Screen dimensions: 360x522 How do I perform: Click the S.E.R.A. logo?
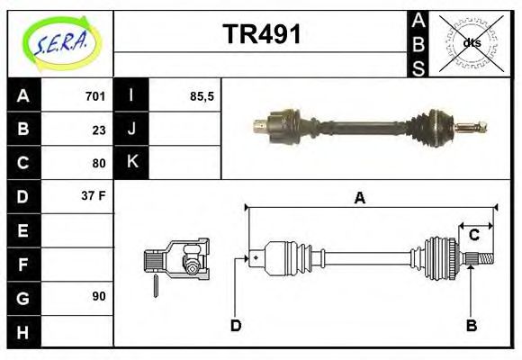point(59,40)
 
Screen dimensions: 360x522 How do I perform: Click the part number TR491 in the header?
point(262,35)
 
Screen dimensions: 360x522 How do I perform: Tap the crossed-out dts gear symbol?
point(470,43)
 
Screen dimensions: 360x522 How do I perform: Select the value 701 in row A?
point(95,96)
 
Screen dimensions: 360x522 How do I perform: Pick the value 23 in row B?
point(99,130)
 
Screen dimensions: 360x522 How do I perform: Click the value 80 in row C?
point(99,163)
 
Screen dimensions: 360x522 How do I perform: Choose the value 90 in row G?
point(99,296)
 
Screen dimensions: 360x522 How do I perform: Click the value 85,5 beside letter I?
point(202,96)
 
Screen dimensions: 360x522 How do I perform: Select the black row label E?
point(22,229)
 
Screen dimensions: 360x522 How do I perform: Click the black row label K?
point(131,163)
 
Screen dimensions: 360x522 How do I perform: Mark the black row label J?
point(131,130)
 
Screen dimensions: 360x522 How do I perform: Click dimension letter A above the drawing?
point(359,198)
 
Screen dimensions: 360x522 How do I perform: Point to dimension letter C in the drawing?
point(473,236)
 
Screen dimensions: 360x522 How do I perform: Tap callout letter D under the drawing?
point(236,325)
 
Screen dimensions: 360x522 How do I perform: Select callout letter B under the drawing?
point(471,325)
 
